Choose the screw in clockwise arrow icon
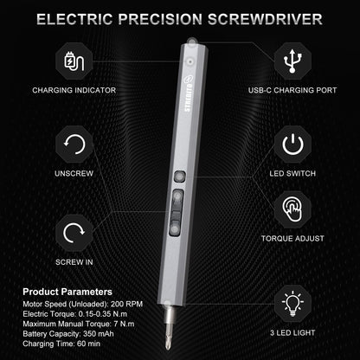coord(75,231)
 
